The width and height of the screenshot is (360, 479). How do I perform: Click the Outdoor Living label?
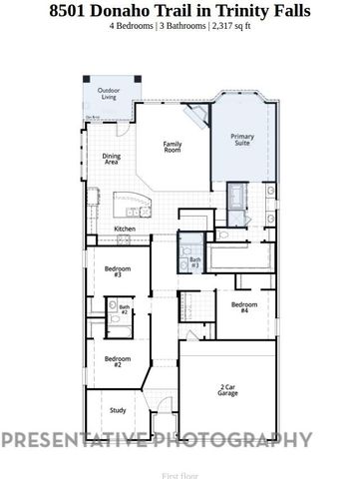click(108, 94)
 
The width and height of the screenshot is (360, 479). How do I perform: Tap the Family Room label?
click(173, 147)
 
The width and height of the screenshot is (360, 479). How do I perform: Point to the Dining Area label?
click(112, 159)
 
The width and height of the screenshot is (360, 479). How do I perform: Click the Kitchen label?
click(125, 229)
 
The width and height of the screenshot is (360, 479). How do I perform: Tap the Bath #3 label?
click(194, 262)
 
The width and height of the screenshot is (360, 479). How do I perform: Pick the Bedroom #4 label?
click(244, 307)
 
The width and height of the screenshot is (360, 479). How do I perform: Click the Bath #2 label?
click(125, 310)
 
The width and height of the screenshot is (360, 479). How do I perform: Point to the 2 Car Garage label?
click(228, 390)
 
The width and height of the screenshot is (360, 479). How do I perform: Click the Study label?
click(117, 409)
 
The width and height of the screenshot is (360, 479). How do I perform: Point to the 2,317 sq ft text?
click(230, 26)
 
